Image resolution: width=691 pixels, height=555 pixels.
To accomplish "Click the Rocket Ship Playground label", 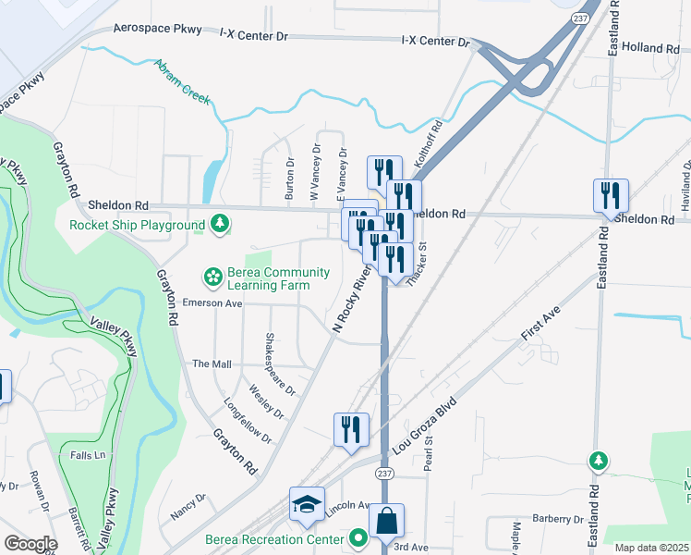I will pyautogui.click(x=137, y=225).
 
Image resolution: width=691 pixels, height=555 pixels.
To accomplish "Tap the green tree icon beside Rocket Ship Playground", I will pyautogui.click(x=220, y=224).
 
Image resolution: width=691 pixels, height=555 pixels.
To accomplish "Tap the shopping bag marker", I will pyautogui.click(x=386, y=522).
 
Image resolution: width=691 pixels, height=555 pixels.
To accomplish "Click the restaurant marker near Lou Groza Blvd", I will pyautogui.click(x=351, y=430).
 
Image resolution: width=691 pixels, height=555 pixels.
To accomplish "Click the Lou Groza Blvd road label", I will pyautogui.click(x=424, y=424).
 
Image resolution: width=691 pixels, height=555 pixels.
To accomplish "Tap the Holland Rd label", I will pyautogui.click(x=651, y=47).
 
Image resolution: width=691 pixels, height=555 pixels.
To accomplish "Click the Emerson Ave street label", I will pyautogui.click(x=212, y=302).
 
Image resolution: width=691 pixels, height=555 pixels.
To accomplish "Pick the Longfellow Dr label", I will pyautogui.click(x=248, y=420).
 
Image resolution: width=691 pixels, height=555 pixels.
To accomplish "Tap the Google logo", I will pyautogui.click(x=30, y=544).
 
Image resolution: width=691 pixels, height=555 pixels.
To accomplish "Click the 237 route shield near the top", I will pyautogui.click(x=579, y=18).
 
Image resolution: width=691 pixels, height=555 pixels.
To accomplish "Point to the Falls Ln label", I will pyautogui.click(x=88, y=455).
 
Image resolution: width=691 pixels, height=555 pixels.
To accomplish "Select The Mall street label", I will pyautogui.click(x=212, y=364).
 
